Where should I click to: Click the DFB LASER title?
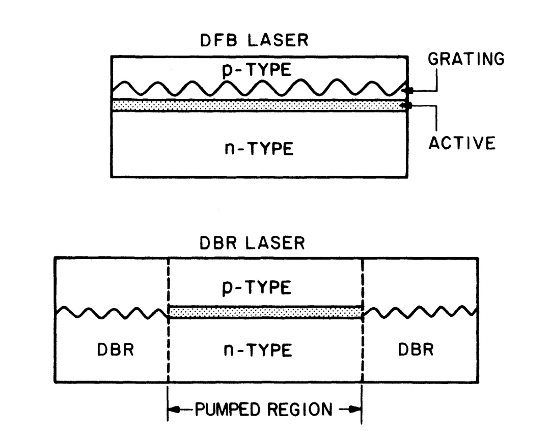(x=254, y=40)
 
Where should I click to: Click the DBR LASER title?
(x=252, y=243)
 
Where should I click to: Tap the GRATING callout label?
(x=466, y=59)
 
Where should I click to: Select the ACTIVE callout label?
(x=462, y=143)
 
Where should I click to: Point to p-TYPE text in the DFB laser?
(x=257, y=70)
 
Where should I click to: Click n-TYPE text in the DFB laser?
(x=259, y=148)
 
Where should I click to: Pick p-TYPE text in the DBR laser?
(x=257, y=288)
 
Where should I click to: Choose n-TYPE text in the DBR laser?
(x=258, y=350)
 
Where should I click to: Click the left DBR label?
(x=115, y=350)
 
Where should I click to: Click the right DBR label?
(x=416, y=349)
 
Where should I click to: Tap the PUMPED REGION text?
(x=264, y=410)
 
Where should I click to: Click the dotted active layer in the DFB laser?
(x=259, y=105)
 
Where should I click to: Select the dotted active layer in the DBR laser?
(x=265, y=312)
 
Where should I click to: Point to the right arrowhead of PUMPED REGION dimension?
(x=355, y=410)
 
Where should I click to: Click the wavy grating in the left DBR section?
(x=112, y=313)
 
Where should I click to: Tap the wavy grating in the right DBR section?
(x=420, y=312)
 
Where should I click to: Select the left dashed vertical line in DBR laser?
(x=169, y=320)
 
